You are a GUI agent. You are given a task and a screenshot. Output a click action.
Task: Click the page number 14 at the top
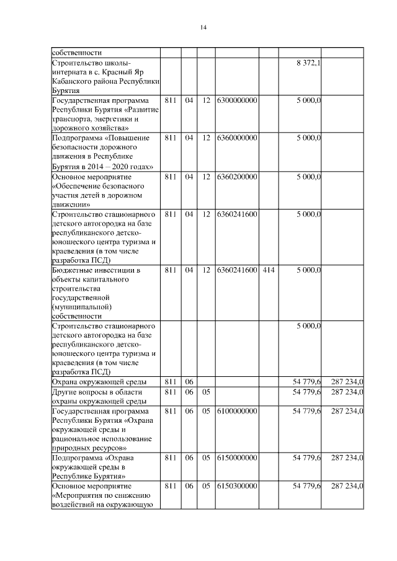tap(203, 27)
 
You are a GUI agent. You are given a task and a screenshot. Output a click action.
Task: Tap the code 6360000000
tap(238, 138)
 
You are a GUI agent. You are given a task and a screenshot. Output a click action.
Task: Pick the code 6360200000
tap(238, 177)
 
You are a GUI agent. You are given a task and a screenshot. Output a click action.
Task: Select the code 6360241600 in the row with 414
tap(238, 270)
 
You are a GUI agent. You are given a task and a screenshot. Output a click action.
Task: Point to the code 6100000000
tap(238, 411)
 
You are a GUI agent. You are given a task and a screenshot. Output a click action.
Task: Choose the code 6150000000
tap(238, 457)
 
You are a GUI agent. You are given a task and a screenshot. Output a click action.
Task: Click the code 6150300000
tap(238, 486)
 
